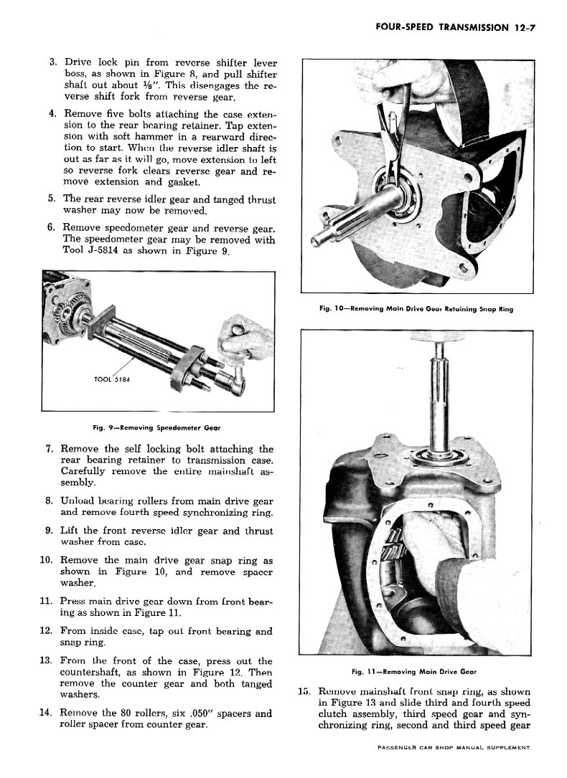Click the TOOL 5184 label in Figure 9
click(x=113, y=379)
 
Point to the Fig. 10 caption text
click(x=420, y=309)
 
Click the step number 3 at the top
click(x=53, y=62)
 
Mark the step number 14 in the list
click(x=48, y=713)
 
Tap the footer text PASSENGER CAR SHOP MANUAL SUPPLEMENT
click(x=453, y=747)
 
